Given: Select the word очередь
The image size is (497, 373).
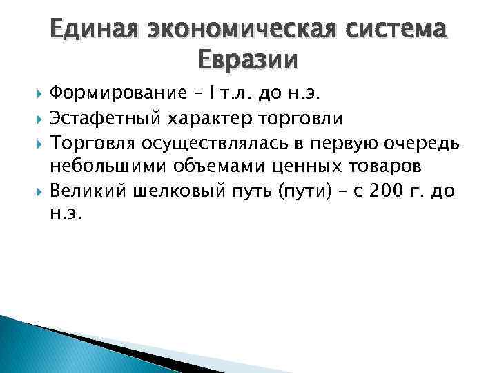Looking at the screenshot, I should [x=417, y=142].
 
